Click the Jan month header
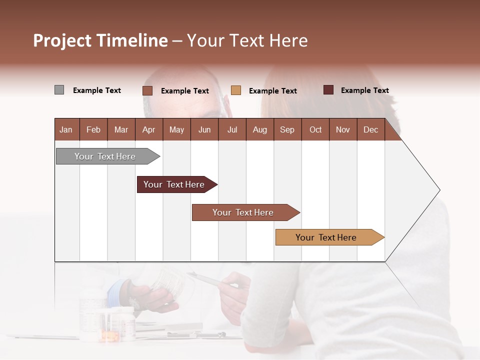click(x=66, y=129)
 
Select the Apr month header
click(x=148, y=129)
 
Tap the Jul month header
click(x=232, y=129)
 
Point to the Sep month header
click(x=287, y=129)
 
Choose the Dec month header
click(x=370, y=129)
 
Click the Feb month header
click(x=93, y=129)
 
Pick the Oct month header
click(x=315, y=129)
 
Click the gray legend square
click(x=59, y=90)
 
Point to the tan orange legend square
click(x=236, y=90)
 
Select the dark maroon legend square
click(x=328, y=90)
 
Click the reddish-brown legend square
click(x=147, y=90)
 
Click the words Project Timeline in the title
click(x=100, y=40)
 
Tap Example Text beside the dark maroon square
click(x=364, y=90)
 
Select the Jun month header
click(x=204, y=129)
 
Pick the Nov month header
click(x=343, y=129)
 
